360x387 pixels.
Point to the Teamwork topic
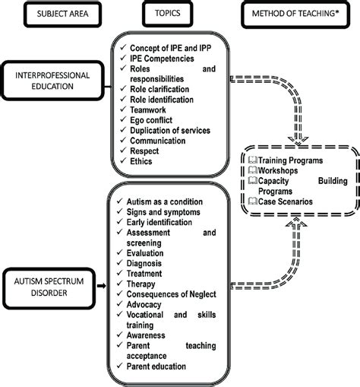tap(150, 109)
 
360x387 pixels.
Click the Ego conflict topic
tap(156, 119)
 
